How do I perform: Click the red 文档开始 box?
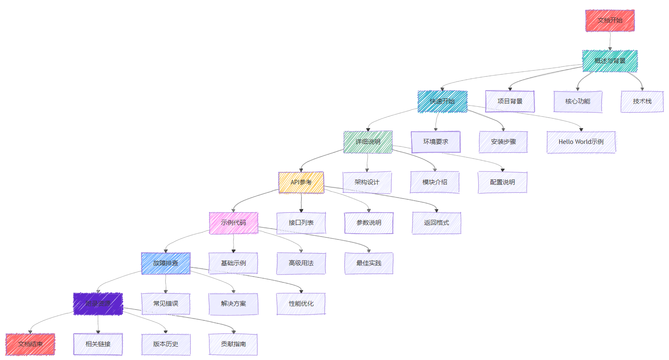coord(610,20)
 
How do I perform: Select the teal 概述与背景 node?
coord(610,61)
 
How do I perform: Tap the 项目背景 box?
coord(510,101)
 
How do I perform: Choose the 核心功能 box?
coord(578,101)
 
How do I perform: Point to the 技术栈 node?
coord(642,101)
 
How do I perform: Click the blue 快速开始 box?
coord(442,101)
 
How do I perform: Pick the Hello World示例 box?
coord(581,142)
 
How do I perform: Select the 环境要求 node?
coord(435,142)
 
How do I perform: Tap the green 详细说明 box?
coord(368,142)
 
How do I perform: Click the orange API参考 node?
coord(301,182)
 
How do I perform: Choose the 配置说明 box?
coord(502,182)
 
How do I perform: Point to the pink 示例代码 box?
coord(234,223)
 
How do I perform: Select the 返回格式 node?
coord(436,223)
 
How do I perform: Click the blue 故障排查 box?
coord(166,263)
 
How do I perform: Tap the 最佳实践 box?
coord(369,263)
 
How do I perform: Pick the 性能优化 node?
coord(301,304)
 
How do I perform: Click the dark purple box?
coord(98,304)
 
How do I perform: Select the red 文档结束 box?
coord(30,344)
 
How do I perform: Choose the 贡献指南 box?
coord(233,344)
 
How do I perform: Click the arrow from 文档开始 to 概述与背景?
coord(610,41)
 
